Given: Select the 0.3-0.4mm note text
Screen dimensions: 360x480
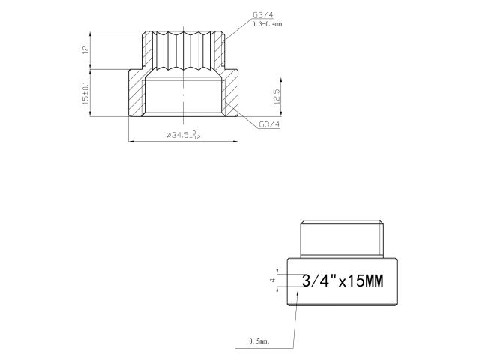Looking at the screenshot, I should coord(268,25).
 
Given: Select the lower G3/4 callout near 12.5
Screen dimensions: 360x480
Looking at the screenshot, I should coord(268,124).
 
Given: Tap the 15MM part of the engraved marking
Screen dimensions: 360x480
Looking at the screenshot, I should coord(363,282).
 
